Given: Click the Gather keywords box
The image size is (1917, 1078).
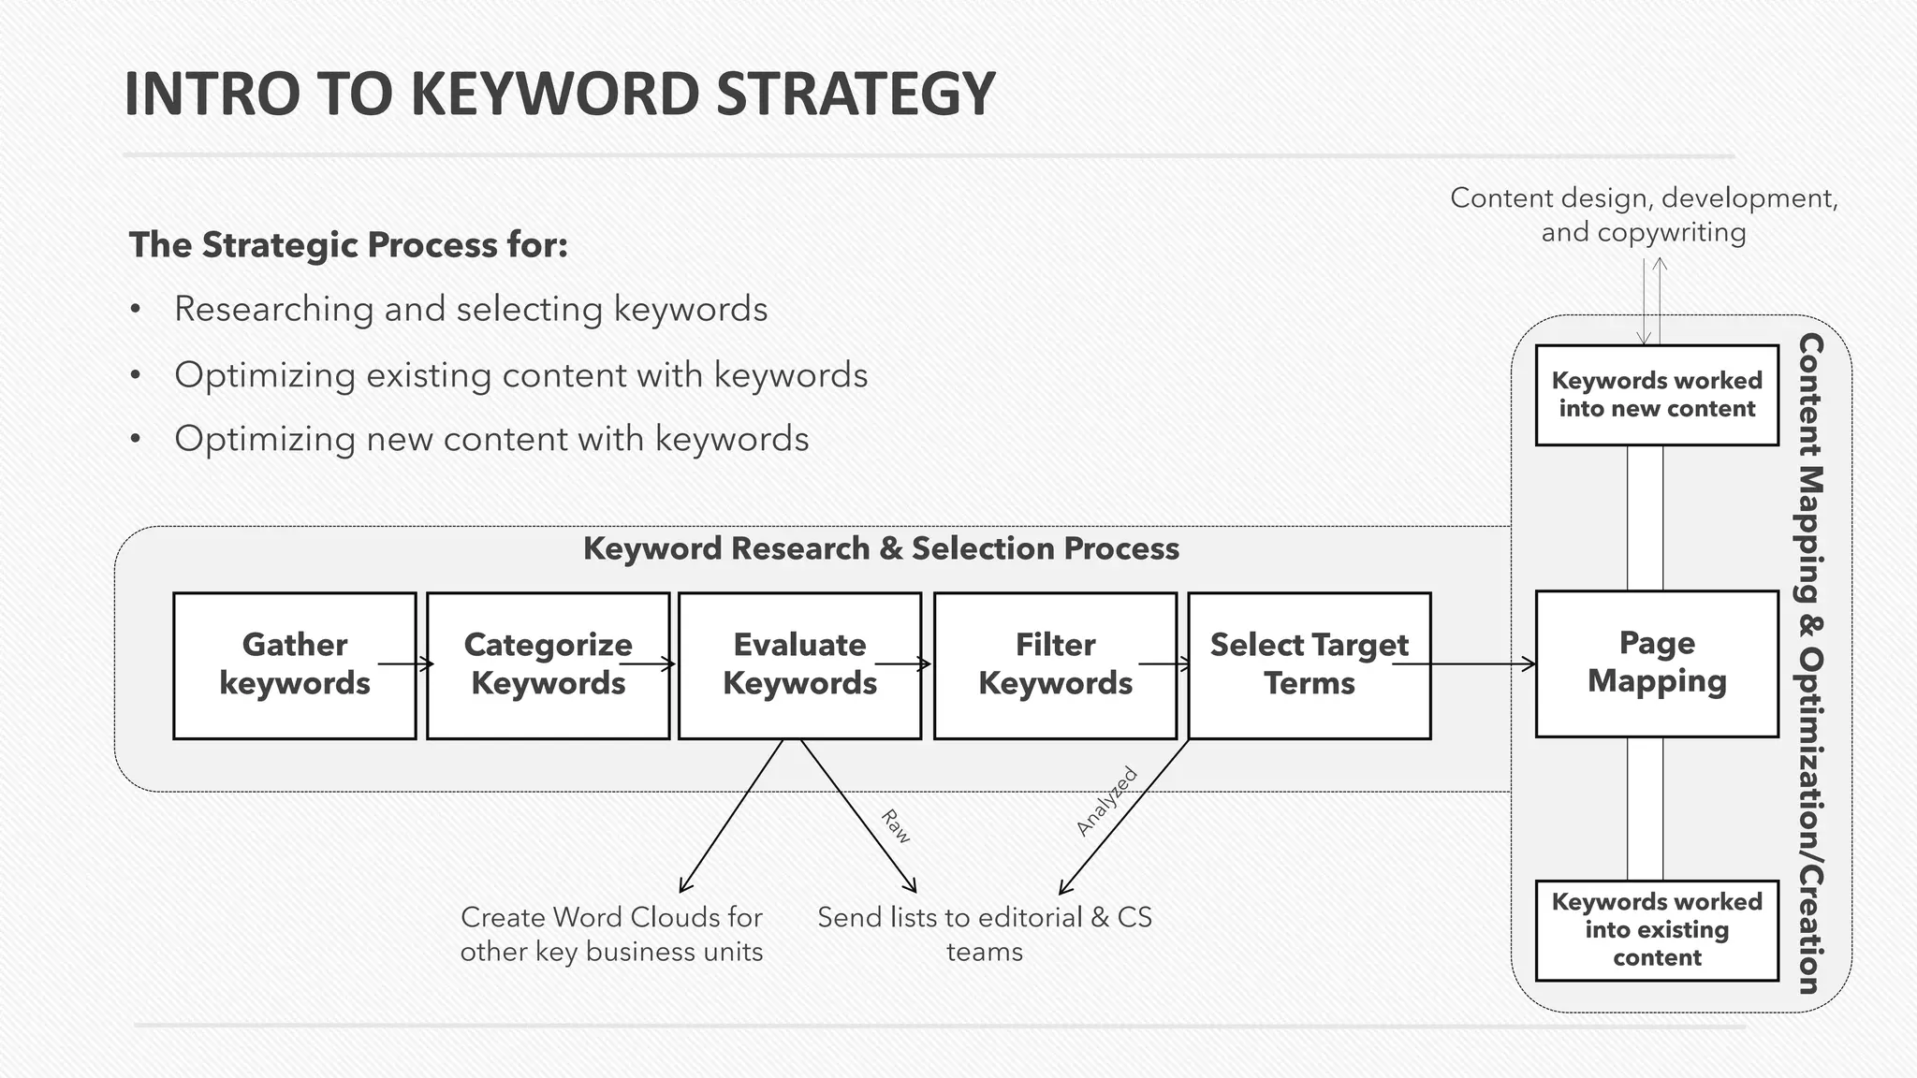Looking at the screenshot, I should coord(295,665).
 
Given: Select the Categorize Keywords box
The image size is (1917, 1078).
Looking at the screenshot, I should coord(549,665).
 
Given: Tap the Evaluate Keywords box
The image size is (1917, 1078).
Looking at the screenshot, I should coord(800,665).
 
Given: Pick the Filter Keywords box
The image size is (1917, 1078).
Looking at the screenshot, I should coord(1055,665).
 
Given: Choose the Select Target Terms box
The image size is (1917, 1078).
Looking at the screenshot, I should coord(1309,665).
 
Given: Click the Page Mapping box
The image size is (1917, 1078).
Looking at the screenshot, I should coord(1657,663).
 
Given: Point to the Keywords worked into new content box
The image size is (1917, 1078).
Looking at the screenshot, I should coord(1657,395).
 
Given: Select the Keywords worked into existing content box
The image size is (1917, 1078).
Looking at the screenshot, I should coord(1657,930).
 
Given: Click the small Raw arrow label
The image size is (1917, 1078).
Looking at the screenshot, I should coord(896,826).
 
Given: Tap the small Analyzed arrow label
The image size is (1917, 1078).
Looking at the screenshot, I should coord(1106,801).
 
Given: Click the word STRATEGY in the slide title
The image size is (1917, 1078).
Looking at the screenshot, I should coord(855,95).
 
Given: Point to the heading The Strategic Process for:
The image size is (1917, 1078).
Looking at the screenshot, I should coord(348,245).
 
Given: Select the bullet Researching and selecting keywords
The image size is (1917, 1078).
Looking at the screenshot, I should coord(471,310).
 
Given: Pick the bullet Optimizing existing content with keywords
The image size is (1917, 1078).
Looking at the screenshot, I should coord(520,375).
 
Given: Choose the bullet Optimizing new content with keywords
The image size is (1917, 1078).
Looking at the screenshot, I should coord(491,439).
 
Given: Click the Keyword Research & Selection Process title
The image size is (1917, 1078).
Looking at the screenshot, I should coord(881,548).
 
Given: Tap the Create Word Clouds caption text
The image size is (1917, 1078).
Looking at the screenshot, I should coord(611,934).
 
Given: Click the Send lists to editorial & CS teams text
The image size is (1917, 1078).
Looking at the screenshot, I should coord(985,934).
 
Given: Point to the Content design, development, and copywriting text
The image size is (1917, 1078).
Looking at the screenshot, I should coord(1644,215).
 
